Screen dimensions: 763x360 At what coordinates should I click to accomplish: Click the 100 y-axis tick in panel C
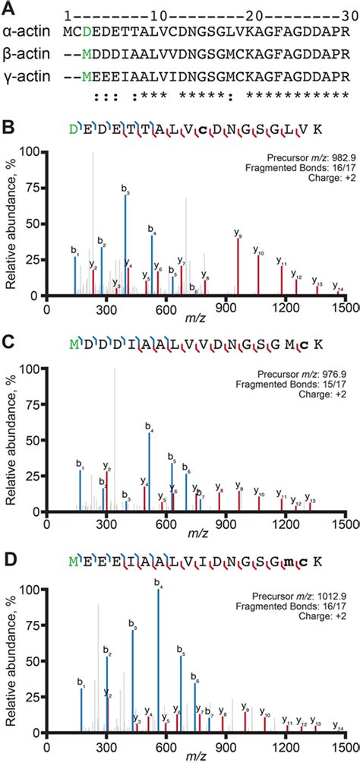click(x=33, y=369)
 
